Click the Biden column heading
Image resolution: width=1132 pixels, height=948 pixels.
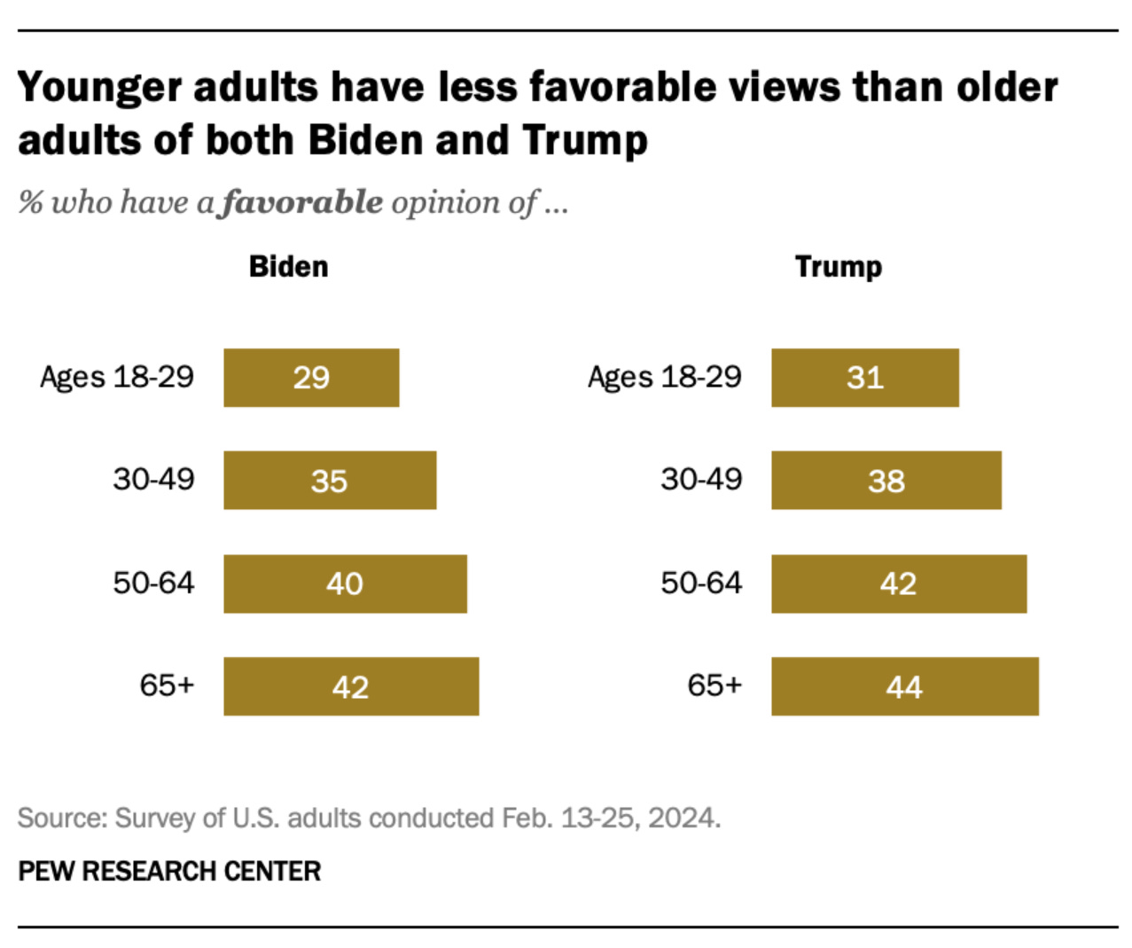(x=288, y=266)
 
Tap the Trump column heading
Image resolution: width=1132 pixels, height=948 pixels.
(x=838, y=266)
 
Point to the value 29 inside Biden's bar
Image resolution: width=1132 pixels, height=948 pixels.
(x=311, y=378)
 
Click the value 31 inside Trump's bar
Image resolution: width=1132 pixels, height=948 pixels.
(x=865, y=378)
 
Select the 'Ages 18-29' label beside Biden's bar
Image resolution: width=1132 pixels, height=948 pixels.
(x=116, y=377)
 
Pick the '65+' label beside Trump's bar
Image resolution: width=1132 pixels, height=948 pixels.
(x=714, y=685)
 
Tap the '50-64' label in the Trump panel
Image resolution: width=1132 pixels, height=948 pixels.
(x=700, y=583)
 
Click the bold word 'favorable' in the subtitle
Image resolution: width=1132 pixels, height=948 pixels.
(x=302, y=202)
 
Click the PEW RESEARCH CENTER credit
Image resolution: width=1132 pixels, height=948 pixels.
(x=169, y=871)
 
